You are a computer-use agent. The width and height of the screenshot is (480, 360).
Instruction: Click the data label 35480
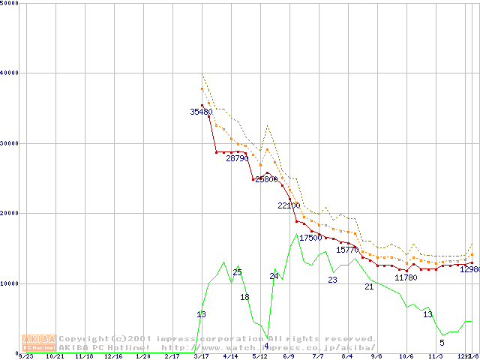pyautogui.click(x=201, y=112)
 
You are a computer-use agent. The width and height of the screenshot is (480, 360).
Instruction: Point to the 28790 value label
pyautogui.click(x=237, y=158)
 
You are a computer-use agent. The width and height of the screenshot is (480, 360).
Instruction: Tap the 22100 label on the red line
pyautogui.click(x=289, y=205)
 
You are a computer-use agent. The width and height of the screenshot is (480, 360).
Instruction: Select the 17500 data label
pyautogui.click(x=310, y=238)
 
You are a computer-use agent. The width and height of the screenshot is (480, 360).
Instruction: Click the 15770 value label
pyautogui.click(x=347, y=250)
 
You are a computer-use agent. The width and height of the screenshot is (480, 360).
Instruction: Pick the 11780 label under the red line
pyautogui.click(x=406, y=277)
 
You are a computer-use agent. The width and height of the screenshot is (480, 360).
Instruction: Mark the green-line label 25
pyautogui.click(x=237, y=272)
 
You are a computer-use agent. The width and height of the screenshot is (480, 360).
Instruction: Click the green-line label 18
pyautogui.click(x=244, y=298)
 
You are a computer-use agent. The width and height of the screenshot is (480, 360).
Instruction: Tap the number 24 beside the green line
pyautogui.click(x=274, y=276)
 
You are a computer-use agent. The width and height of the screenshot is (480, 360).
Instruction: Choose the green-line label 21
pyautogui.click(x=369, y=286)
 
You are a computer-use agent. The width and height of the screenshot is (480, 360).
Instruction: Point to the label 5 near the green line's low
pyautogui.click(x=442, y=343)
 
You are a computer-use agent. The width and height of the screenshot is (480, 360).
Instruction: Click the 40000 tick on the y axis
pyautogui.click(x=10, y=73)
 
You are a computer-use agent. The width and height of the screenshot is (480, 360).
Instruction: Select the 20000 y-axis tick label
pyautogui.click(x=10, y=213)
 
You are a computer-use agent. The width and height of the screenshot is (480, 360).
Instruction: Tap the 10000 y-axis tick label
pyautogui.click(x=10, y=283)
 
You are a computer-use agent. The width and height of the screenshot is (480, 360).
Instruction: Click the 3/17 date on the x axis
pyautogui.click(x=201, y=357)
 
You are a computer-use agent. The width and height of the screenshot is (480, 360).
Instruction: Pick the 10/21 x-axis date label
pyautogui.click(x=55, y=357)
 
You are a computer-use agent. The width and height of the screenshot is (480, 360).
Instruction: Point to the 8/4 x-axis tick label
pyautogui.click(x=347, y=357)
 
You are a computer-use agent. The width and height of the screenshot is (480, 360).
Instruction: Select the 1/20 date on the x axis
pyautogui.click(x=142, y=357)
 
